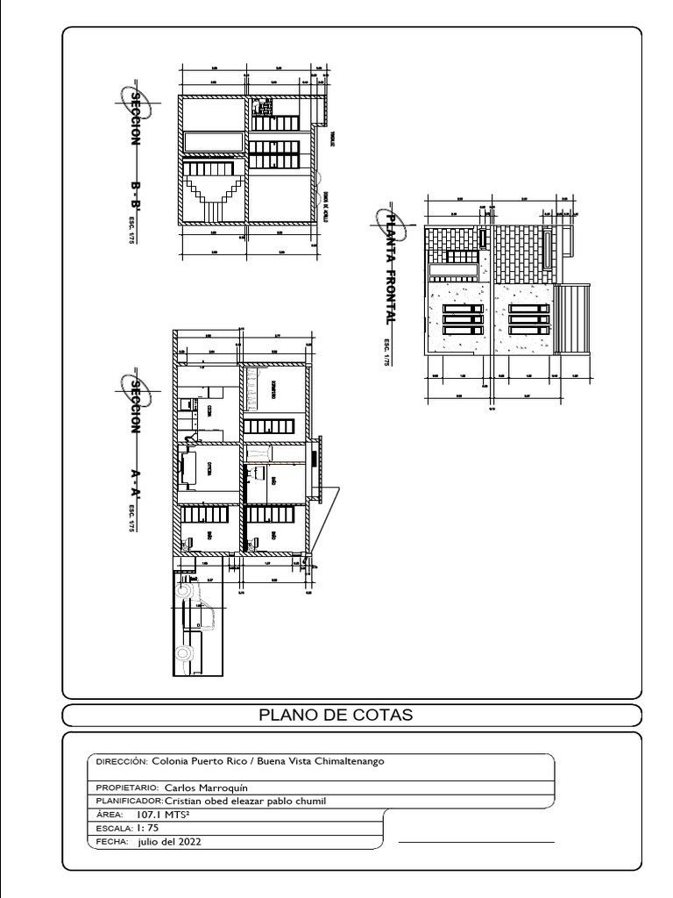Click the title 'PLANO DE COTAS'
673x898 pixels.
tap(336, 715)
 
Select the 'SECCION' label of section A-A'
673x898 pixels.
tap(137, 406)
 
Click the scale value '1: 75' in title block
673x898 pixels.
tap(147, 828)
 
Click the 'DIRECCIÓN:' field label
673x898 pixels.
tap(122, 761)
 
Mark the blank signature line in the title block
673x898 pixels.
tap(476, 842)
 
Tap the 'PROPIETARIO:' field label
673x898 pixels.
tap(127, 788)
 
